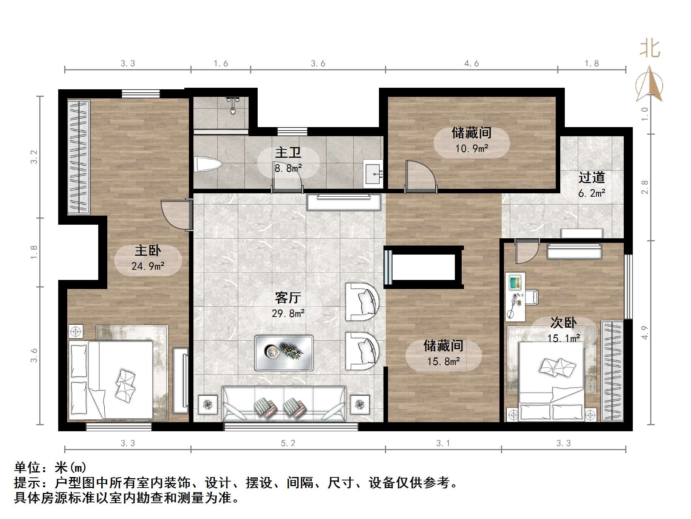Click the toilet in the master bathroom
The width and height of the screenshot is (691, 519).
(x=207, y=165)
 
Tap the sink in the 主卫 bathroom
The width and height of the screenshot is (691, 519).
(x=374, y=174)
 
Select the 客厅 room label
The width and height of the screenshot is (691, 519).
(x=288, y=298)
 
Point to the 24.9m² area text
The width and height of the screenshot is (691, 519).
(x=148, y=266)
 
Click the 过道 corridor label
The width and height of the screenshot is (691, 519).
(x=592, y=177)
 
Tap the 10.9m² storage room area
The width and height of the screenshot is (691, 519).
(x=471, y=148)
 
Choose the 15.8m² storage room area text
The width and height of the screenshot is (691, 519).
(x=444, y=362)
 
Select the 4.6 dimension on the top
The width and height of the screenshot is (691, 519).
(x=471, y=64)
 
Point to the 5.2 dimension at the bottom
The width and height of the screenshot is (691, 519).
(x=288, y=443)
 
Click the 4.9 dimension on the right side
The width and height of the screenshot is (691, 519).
(x=645, y=333)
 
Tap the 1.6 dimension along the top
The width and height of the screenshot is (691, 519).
(x=221, y=64)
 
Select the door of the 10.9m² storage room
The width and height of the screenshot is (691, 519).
(x=420, y=176)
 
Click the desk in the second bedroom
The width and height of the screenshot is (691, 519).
(x=515, y=295)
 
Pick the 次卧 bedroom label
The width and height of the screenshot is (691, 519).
(x=564, y=323)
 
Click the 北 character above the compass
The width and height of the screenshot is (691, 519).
(x=650, y=49)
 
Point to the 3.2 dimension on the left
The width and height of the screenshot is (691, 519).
(x=34, y=157)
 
